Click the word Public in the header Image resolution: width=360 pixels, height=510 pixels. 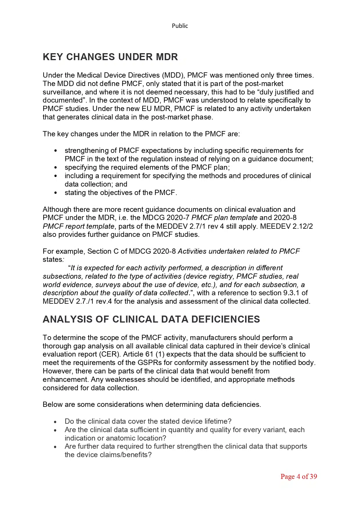pos(180,26)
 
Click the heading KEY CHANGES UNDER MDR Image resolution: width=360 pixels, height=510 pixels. pos(110,57)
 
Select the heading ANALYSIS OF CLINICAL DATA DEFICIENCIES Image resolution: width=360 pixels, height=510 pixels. pos(151,319)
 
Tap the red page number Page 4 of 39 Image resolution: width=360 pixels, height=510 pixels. pos(298,476)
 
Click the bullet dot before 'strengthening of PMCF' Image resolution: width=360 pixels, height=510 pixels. pos(56,151)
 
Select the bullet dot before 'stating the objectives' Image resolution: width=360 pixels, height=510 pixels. pos(56,193)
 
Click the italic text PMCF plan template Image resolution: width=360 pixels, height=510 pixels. pos(224,218)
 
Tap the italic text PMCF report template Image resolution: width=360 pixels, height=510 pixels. pos(78,226)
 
